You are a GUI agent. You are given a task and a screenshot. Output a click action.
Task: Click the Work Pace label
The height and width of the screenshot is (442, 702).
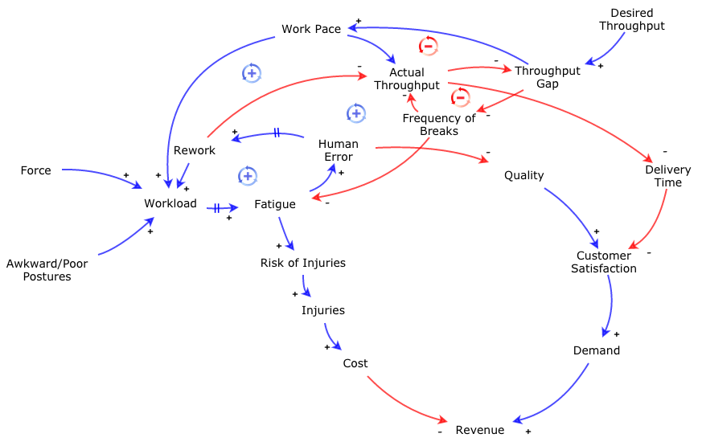pos(311,30)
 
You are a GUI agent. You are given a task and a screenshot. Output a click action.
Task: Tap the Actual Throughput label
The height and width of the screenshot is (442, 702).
pos(407,79)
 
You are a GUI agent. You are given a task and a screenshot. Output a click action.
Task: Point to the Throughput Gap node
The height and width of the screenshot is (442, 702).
pos(547,77)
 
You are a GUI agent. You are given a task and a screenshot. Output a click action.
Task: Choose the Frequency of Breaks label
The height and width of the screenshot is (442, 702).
pos(439,125)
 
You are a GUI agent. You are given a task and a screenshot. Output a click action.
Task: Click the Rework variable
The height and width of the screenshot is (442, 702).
pos(195,150)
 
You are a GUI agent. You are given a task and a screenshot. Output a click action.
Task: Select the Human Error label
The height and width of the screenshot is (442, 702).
pos(339,150)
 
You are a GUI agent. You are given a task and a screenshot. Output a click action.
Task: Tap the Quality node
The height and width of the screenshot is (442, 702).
pos(523,175)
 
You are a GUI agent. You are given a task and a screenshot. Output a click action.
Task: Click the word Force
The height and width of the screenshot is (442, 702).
pos(35,170)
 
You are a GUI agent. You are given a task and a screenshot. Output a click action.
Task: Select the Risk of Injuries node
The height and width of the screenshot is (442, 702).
pos(302,263)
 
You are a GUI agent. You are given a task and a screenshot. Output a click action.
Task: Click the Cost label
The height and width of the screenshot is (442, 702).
pos(355,363)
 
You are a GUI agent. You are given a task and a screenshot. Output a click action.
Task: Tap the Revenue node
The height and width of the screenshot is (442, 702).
pos(480,430)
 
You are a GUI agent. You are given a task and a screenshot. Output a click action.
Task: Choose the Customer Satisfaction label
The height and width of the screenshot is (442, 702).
pos(603,262)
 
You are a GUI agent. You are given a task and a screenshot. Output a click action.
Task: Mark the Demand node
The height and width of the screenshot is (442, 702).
pos(597,350)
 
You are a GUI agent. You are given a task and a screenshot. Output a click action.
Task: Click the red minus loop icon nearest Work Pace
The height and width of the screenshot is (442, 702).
pos(429,46)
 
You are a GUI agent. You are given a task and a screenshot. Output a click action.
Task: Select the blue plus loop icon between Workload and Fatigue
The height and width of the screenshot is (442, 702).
pos(248,176)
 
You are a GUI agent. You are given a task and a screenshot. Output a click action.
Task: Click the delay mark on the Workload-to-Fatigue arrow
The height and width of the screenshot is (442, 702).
pos(217,208)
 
